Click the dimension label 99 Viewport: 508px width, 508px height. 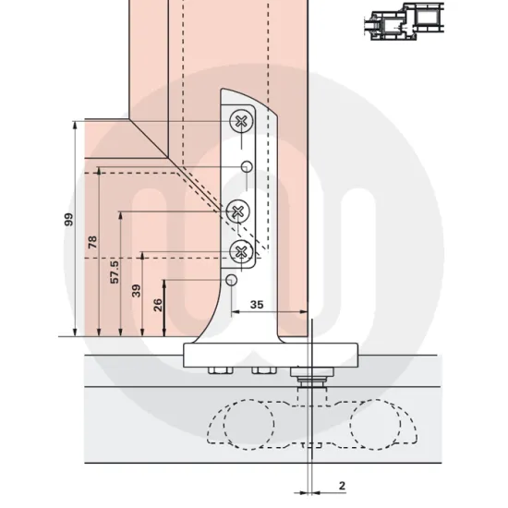click(x=67, y=219)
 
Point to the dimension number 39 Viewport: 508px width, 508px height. click(x=136, y=291)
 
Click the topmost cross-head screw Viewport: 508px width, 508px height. click(x=243, y=120)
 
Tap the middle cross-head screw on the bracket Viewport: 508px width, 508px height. click(x=237, y=212)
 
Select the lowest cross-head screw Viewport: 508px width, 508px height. click(x=242, y=249)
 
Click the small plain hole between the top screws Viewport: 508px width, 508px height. click(x=247, y=165)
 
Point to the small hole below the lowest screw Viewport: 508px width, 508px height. click(x=231, y=280)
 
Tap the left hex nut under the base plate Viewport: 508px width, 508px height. click(x=220, y=372)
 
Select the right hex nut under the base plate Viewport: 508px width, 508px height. click(x=262, y=372)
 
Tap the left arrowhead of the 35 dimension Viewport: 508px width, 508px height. click(x=233, y=312)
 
